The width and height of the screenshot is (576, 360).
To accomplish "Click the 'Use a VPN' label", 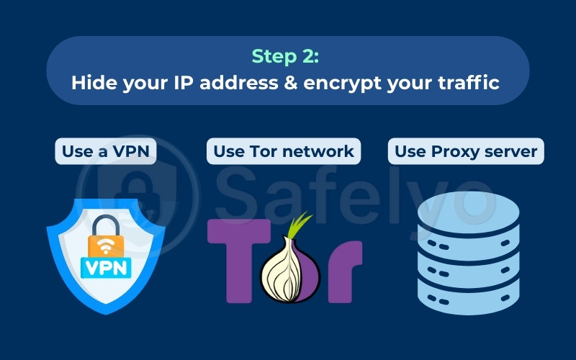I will [106, 151].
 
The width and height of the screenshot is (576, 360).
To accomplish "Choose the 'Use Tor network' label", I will [284, 151].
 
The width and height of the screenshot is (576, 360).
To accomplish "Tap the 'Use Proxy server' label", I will [467, 151].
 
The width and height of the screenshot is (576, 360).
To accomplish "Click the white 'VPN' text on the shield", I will [107, 267].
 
